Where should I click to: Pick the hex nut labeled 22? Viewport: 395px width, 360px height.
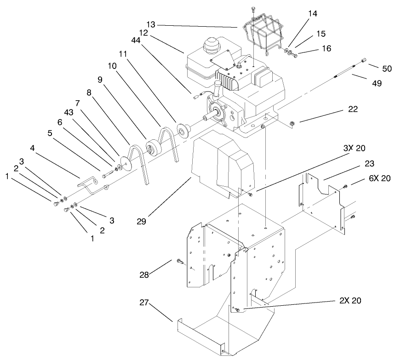(x=292, y=123)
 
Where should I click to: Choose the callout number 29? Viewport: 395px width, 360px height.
(x=141, y=221)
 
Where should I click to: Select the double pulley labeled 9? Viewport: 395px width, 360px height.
(x=152, y=149)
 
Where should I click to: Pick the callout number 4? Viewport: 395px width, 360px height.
(x=33, y=148)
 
